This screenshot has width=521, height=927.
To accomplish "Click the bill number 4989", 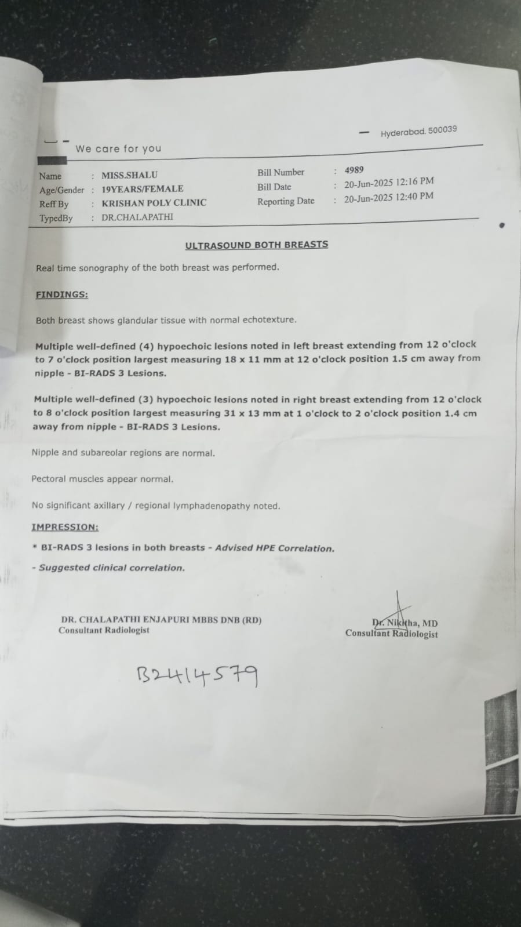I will [x=354, y=170].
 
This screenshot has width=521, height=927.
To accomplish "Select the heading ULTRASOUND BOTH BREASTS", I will [x=256, y=245].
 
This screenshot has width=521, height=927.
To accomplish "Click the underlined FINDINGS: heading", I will [x=61, y=295].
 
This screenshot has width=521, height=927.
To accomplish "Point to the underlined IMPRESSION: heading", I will [x=64, y=527].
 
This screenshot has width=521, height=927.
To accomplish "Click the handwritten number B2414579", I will [x=197, y=675].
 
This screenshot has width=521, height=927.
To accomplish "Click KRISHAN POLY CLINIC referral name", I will [x=154, y=203].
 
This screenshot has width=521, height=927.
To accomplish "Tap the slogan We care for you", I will [x=118, y=148].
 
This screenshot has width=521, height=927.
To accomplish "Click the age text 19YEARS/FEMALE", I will [x=142, y=189].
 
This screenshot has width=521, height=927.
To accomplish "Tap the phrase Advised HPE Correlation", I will [x=275, y=548].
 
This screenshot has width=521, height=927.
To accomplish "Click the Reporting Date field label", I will [x=286, y=201].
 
